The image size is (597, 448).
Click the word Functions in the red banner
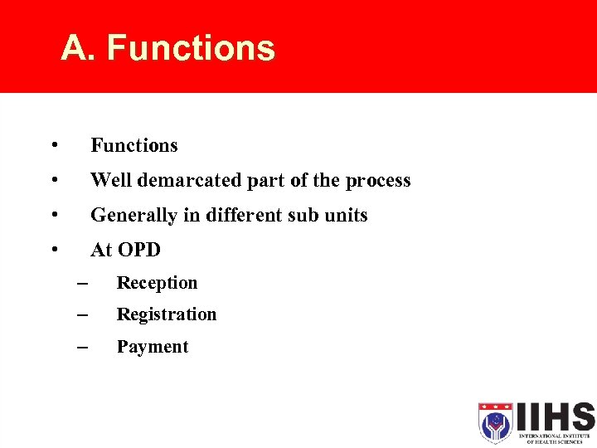coord(191,49)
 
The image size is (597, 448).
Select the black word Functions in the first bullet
coord(133,146)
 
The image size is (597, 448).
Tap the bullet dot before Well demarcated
coord(53,179)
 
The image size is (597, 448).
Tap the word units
coord(346,216)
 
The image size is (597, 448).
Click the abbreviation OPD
coord(138,251)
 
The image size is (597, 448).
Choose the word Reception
coord(157,284)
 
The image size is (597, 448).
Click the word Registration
coord(166,315)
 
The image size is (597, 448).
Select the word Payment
coord(153,348)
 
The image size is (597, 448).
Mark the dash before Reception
coord(81,284)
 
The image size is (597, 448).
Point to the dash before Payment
coord(81,348)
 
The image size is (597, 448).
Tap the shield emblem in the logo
coord(495,422)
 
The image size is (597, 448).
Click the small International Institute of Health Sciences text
coord(555,438)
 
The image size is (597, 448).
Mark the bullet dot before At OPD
coord(53,249)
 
